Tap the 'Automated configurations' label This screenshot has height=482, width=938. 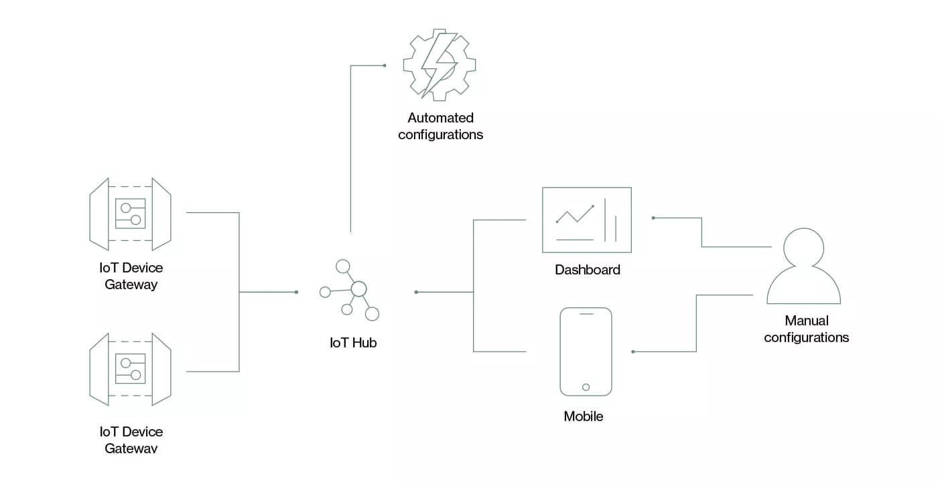pos(440,126)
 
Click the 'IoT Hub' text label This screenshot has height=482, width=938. pos(353,343)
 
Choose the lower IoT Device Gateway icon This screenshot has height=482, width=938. pos(130,370)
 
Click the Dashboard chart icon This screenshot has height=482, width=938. pos(587,220)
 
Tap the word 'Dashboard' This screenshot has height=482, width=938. pos(588,270)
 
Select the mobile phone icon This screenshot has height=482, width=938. pos(586,351)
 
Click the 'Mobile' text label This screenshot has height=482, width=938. pos(584,416)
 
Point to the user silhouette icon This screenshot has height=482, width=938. pos(803,266)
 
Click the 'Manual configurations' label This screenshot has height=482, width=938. pos(806,329)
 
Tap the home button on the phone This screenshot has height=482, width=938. pos(586,387)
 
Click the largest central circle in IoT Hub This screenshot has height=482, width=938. pos(359,289)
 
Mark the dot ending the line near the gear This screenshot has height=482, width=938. pos(385,66)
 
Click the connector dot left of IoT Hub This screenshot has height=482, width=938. pos(296,292)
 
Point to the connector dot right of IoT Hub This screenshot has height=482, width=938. pos(416,292)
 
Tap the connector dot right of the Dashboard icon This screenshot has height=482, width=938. pos(653,218)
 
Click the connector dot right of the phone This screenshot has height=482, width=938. pos(633,351)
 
